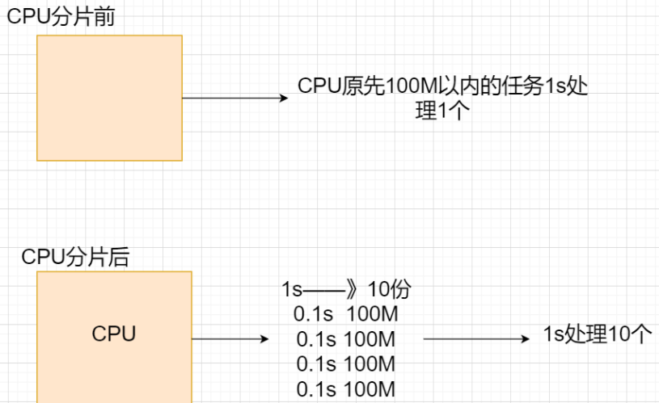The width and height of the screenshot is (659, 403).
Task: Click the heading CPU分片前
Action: point(61,17)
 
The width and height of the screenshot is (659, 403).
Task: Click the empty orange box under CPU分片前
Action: point(109,98)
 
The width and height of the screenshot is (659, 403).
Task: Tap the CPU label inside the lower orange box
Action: point(114,334)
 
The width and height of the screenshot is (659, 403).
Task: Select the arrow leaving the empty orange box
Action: point(234,98)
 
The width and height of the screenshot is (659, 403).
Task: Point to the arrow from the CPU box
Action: point(230,339)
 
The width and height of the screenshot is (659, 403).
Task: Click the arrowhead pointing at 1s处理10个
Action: point(526,339)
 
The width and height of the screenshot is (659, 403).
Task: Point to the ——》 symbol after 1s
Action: point(333,289)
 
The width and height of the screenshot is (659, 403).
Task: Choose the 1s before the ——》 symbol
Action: point(292,289)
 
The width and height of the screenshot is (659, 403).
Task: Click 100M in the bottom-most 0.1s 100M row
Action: point(370,390)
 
